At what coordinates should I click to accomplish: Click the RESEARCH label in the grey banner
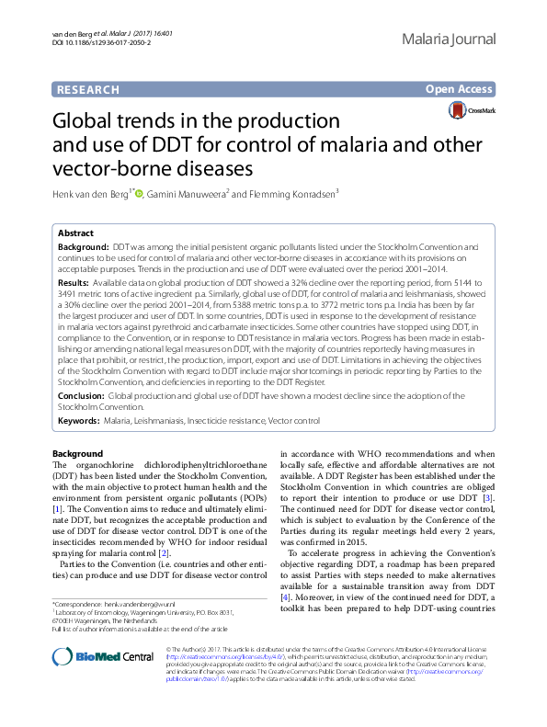[88, 89]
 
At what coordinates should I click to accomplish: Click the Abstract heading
[75, 233]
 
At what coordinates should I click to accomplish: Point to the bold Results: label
[77, 284]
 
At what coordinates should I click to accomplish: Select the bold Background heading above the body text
[78, 453]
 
